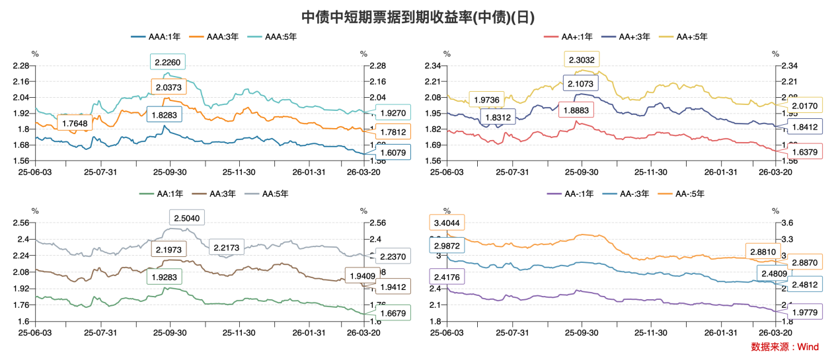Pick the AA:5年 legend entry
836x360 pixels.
tap(266, 194)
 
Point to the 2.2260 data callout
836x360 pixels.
tap(168, 63)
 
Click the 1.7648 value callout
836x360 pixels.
tap(75, 123)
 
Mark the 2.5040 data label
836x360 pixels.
tap(186, 218)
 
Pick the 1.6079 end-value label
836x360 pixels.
tap(393, 153)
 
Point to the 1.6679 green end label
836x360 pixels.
tap(393, 312)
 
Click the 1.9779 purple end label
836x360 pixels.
tap(804, 312)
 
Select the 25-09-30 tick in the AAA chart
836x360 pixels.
tap(170, 172)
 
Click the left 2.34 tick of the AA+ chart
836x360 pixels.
tap(434, 66)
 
